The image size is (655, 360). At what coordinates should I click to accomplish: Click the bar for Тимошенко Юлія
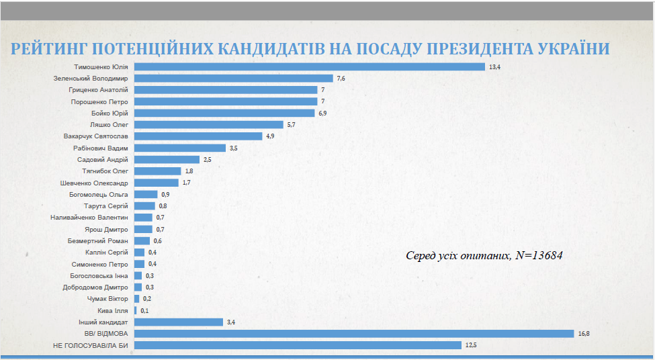[x=309, y=66]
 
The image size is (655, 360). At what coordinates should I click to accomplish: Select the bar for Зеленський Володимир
[x=234, y=79]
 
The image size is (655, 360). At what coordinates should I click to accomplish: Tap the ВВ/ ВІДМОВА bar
[x=354, y=334]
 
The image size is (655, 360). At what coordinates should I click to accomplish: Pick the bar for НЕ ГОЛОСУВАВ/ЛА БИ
[x=298, y=345]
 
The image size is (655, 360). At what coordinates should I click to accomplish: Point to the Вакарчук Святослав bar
[x=198, y=136]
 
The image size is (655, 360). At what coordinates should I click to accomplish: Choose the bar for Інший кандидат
[x=178, y=322]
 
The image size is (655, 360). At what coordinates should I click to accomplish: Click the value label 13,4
[x=496, y=67]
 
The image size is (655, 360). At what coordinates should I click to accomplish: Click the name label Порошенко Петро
[x=99, y=101]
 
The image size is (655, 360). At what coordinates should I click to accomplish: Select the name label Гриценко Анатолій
[x=97, y=90]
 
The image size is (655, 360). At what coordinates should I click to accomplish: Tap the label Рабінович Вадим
[x=100, y=148]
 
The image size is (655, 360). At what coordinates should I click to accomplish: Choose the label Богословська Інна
[x=99, y=275]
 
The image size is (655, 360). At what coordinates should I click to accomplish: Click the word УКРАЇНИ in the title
[x=572, y=49]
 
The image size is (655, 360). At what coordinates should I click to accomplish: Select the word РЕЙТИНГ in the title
[x=46, y=49]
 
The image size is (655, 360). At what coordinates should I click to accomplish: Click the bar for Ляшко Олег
[x=208, y=125]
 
